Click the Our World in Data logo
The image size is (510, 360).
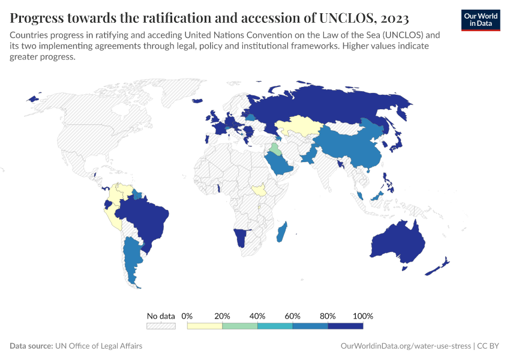tap(481, 19)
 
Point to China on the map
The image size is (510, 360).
tap(354, 147)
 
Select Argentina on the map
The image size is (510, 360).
tap(130, 258)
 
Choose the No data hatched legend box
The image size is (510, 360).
tap(161, 326)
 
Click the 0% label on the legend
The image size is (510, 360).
tap(187, 316)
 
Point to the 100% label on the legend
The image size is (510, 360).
tap(363, 316)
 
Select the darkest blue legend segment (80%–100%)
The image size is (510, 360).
tap(346, 326)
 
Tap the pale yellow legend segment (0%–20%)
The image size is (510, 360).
tap(205, 326)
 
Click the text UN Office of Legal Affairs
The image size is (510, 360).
tap(98, 346)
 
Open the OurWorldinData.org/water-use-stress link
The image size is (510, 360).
tap(405, 346)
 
